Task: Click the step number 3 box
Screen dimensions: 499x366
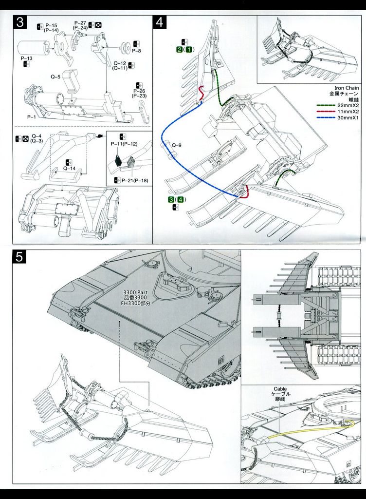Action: [x=20, y=23]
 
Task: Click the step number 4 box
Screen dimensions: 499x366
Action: [x=160, y=23]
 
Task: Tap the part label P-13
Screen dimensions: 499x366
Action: [x=27, y=58]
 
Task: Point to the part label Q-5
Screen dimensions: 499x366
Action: [x=55, y=77]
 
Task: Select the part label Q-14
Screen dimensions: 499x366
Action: [x=69, y=168]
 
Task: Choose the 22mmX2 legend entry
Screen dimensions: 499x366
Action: [x=348, y=105]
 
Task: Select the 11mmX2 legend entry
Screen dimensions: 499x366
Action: [x=348, y=112]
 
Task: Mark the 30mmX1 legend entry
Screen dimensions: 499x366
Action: [x=348, y=118]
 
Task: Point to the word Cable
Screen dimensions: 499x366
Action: [x=280, y=389]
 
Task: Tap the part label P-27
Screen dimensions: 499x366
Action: [x=80, y=23]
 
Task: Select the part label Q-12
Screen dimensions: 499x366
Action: [x=120, y=63]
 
